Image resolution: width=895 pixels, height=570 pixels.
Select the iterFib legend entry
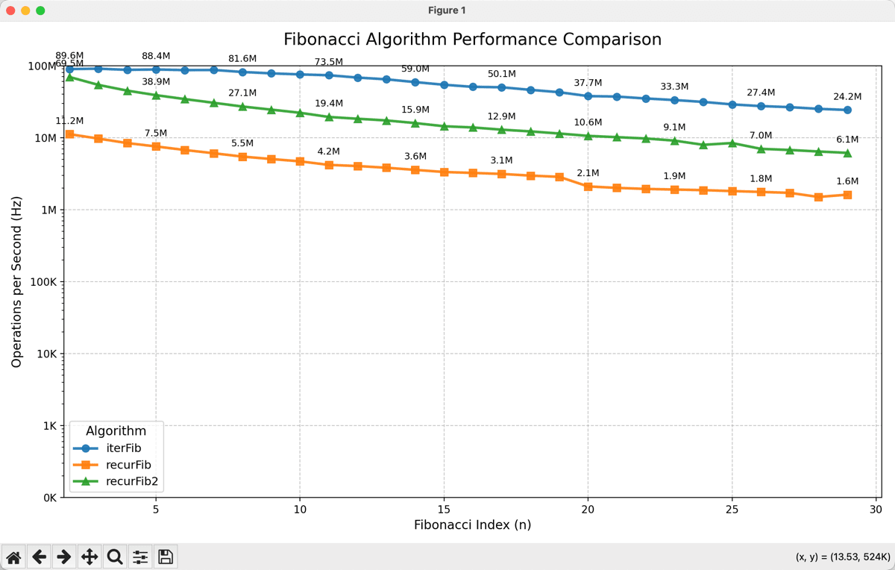125,448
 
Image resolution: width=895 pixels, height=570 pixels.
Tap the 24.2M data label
847,96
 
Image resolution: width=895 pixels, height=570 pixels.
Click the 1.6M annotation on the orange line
847,181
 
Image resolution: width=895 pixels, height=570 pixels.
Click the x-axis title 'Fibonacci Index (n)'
472,524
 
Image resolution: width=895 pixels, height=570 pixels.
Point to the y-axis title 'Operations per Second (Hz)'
17,281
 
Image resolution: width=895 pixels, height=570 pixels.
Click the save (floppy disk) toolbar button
166,557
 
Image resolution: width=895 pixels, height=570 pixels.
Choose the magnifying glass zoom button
115,557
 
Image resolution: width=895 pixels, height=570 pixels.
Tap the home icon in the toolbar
13,557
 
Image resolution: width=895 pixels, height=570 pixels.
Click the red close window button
10,10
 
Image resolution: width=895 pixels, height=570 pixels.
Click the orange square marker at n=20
588,187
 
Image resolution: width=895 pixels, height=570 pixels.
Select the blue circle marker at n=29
847,110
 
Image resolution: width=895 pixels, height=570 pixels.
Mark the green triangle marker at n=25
732,142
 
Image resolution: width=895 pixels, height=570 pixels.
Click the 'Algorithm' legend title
116,430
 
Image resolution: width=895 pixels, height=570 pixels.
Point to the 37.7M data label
588,82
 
